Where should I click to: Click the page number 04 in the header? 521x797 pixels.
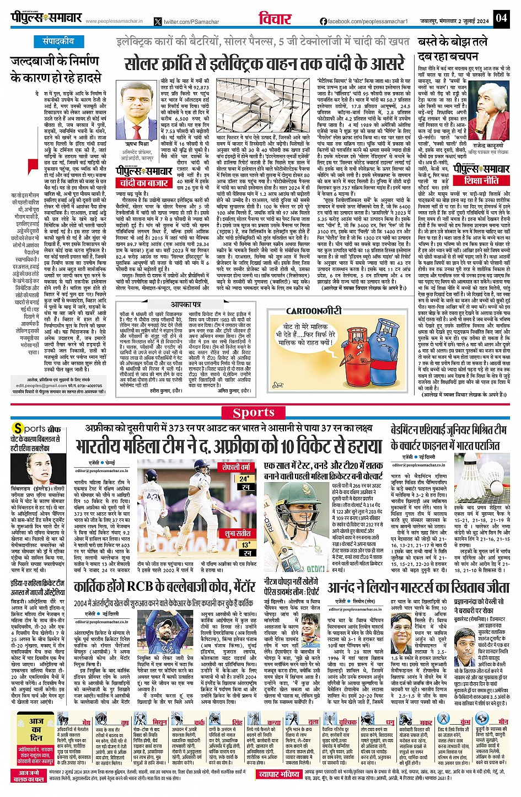click(501, 18)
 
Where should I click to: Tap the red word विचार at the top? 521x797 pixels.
click(275, 19)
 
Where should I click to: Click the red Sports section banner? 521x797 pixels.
click(254, 412)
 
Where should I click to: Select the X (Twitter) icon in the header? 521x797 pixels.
click(159, 22)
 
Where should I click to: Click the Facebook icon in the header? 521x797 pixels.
click(323, 21)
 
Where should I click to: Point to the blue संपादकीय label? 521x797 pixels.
click(58, 42)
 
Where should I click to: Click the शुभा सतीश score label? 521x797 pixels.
click(237, 533)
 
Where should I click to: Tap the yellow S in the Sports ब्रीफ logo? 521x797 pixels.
click(18, 429)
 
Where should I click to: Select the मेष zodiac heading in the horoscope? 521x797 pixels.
click(86, 722)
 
